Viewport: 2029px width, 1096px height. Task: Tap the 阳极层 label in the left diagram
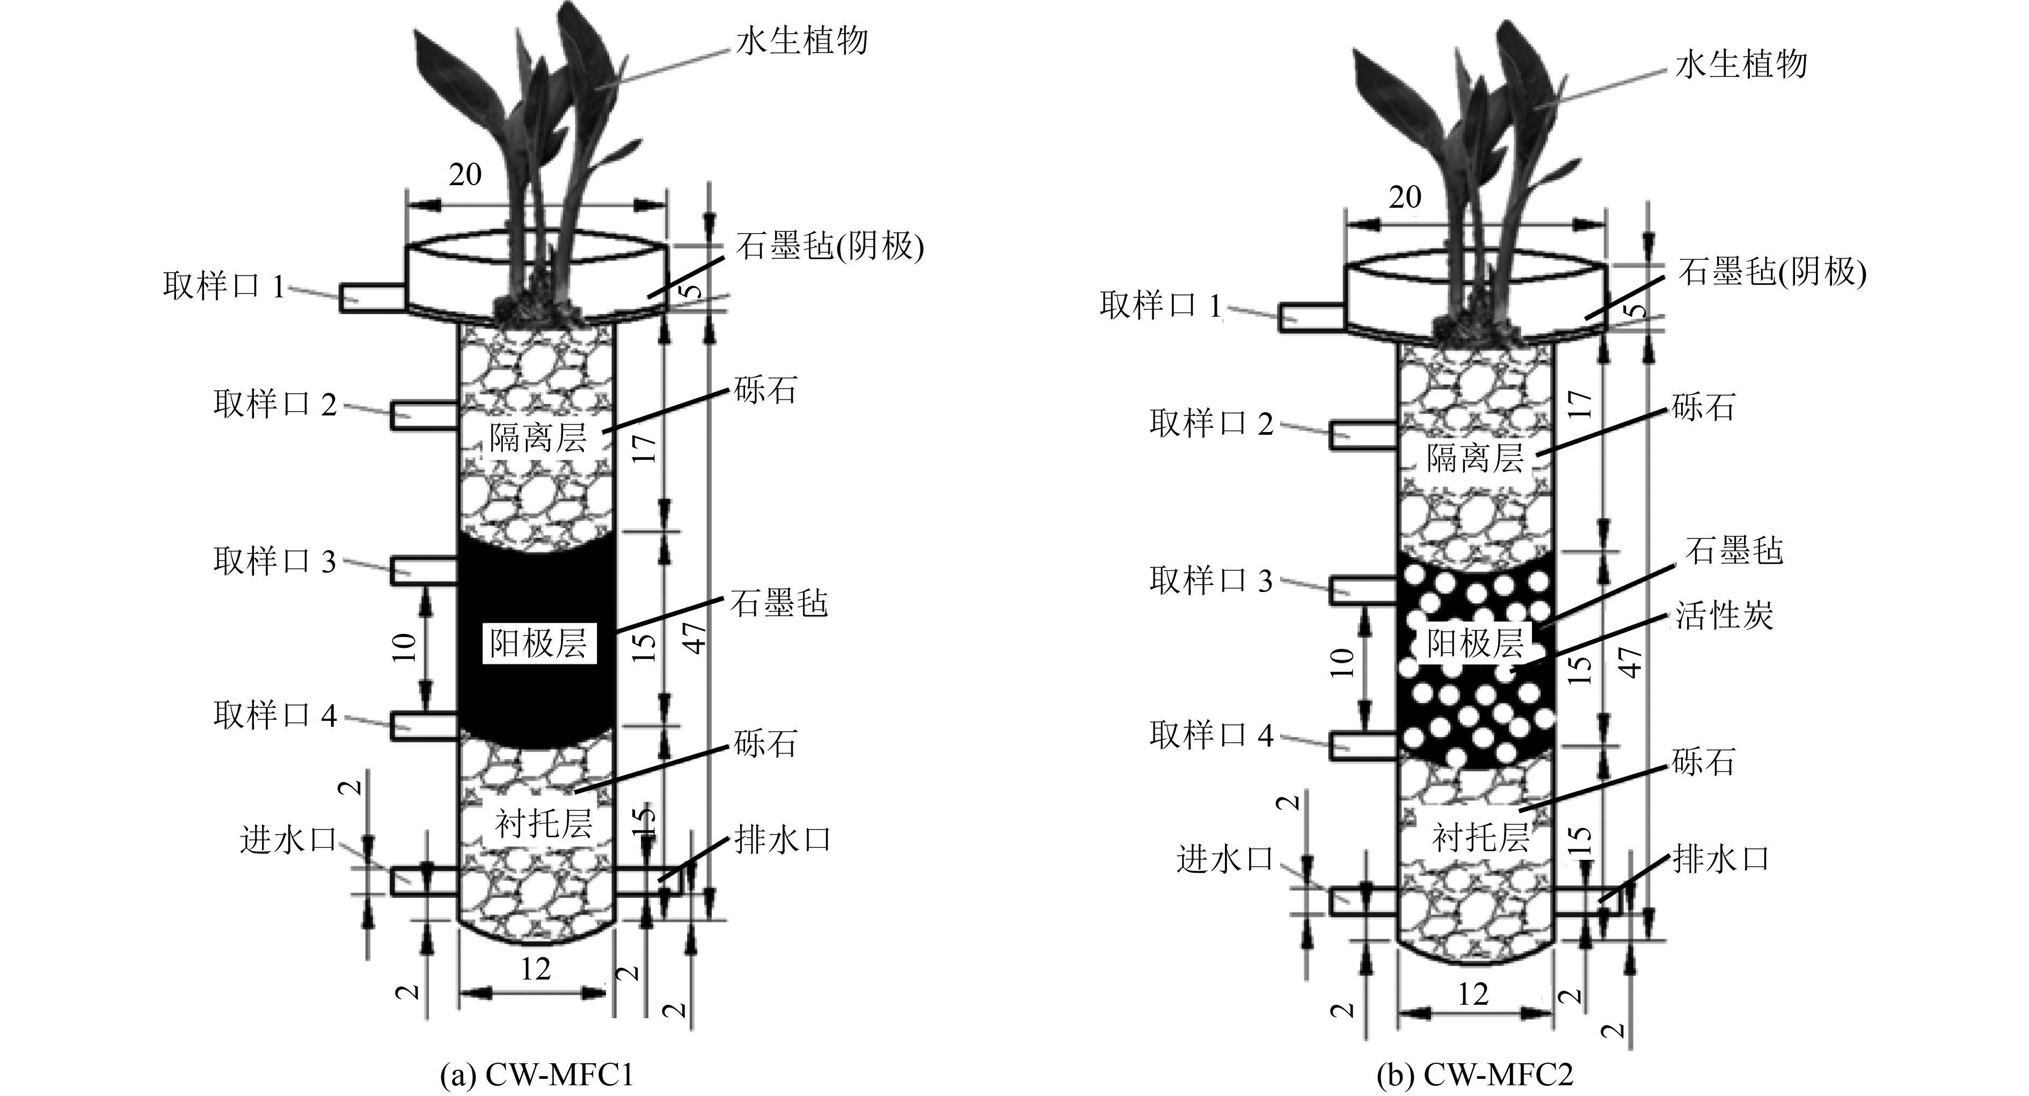point(539,644)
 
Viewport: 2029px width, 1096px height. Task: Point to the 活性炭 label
point(1724,615)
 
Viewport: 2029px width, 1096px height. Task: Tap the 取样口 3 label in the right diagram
point(1211,580)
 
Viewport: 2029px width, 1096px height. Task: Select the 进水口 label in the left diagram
point(288,841)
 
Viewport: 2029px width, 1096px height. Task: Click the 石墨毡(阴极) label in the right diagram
point(1772,272)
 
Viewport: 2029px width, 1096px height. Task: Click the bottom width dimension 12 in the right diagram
point(1473,995)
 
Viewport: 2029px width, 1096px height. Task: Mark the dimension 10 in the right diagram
point(1343,661)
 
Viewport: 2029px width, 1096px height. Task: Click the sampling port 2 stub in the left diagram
point(424,414)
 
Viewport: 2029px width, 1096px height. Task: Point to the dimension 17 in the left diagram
point(645,447)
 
